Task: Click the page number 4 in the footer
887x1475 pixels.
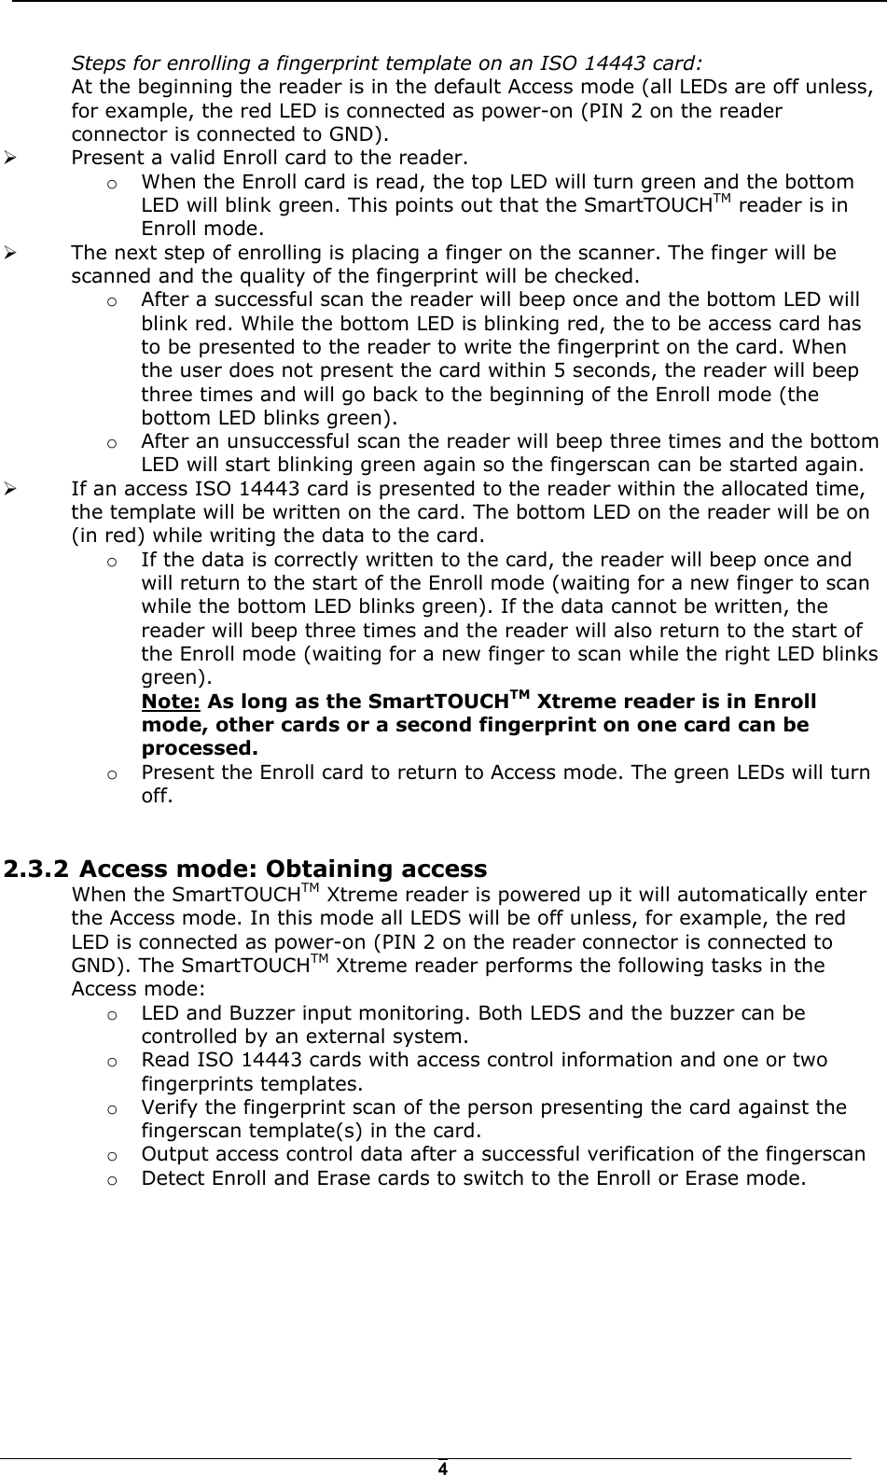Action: (443, 1468)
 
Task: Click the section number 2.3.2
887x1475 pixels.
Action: (35, 870)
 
